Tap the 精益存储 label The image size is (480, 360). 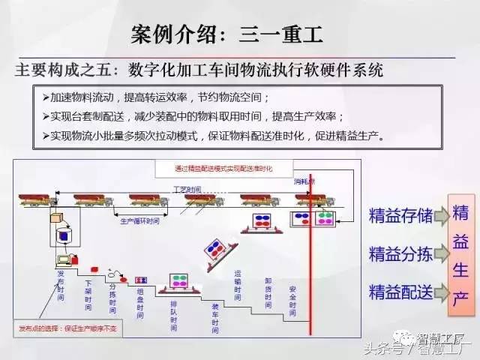[x=400, y=216]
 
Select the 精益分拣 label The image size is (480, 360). [x=400, y=253]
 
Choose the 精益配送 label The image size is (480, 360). [x=400, y=290]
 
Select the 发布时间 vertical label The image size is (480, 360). [x=61, y=285]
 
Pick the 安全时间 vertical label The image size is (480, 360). [x=292, y=298]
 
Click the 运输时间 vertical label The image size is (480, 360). [x=238, y=284]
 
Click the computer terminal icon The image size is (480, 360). [x=63, y=260]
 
